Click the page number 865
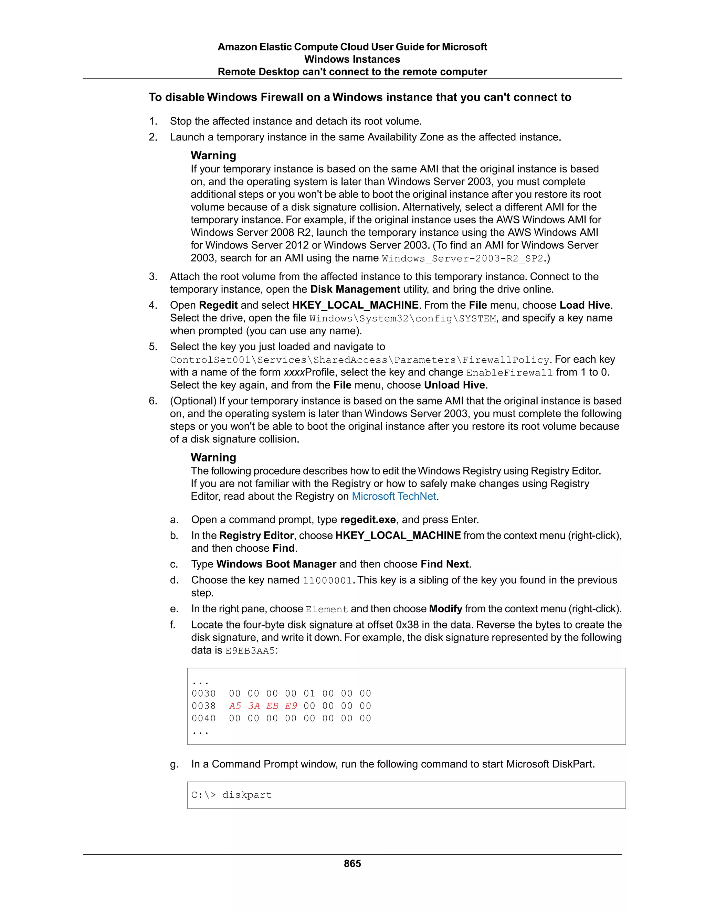pos(352,863)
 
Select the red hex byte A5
pos(235,706)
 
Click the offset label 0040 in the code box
pos(203,718)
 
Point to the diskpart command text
pos(247,795)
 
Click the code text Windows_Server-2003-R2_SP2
pos(462,258)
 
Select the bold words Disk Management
pos(355,289)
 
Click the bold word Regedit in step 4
pos(218,305)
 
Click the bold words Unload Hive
pos(454,385)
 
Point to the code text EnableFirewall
pos(509,372)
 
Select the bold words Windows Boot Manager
pos(276,564)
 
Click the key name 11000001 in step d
pos(327,581)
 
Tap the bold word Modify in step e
pos(445,609)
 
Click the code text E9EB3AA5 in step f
pos(250,650)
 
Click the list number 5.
pos(153,347)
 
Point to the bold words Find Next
pos(444,564)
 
